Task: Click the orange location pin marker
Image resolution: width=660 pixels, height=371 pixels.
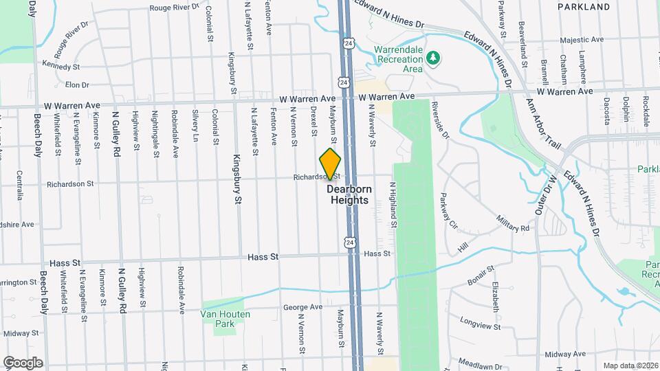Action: pyautogui.click(x=331, y=164)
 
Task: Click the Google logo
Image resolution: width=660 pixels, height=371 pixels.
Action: pyautogui.click(x=23, y=362)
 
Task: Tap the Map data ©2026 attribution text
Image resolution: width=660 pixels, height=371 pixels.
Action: pyautogui.click(x=630, y=366)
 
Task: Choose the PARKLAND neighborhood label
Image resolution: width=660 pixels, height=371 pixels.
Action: pyautogui.click(x=584, y=7)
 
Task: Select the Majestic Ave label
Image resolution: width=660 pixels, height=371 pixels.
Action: pyautogui.click(x=581, y=41)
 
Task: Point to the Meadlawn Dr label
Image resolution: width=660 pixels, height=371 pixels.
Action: pyautogui.click(x=477, y=365)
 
